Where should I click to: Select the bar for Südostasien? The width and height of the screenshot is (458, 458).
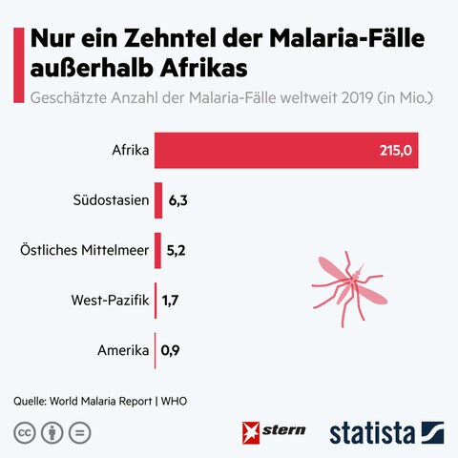(x=158, y=200)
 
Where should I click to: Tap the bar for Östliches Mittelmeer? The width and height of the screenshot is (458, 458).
(x=157, y=251)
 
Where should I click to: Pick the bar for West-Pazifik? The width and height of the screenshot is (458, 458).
(x=156, y=301)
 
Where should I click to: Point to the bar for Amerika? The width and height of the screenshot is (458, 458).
(x=155, y=351)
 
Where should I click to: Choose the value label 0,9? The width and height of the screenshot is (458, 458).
(x=171, y=351)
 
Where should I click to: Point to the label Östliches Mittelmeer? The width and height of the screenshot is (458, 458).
(x=84, y=251)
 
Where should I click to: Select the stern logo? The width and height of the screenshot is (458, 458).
(x=276, y=430)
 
